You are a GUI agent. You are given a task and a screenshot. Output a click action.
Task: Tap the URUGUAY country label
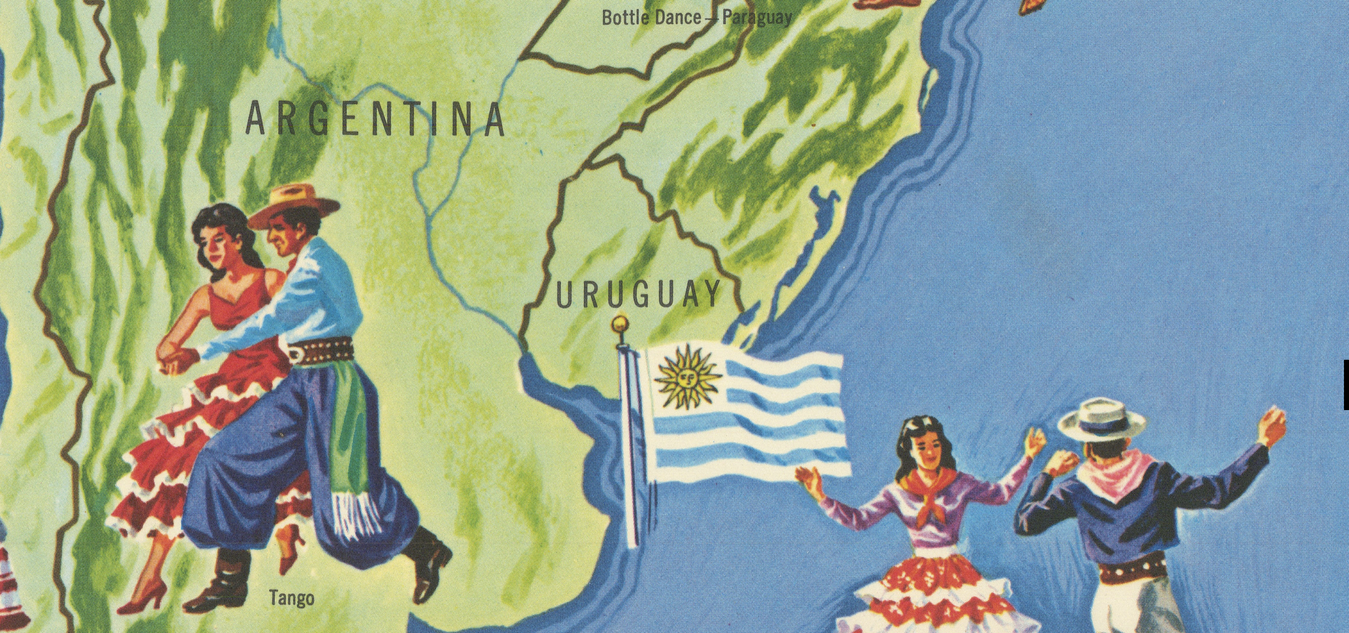coord(637,295)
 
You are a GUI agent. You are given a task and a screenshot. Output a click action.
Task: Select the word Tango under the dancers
coord(292,598)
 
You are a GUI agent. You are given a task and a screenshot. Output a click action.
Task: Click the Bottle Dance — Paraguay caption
coord(697,18)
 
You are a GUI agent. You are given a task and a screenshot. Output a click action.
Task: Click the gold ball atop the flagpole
coord(620,323)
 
